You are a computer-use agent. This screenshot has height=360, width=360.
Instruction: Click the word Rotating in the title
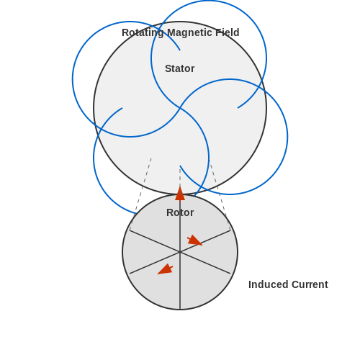pyautogui.click(x=143, y=33)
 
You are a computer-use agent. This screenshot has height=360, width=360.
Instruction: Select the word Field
pyautogui.click(x=227, y=32)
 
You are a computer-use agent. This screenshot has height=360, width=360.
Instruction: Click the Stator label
pyautogui.click(x=180, y=68)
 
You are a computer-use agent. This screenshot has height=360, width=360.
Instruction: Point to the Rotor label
pyautogui.click(x=180, y=212)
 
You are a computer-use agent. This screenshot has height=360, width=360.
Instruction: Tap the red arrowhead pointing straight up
pyautogui.click(x=180, y=194)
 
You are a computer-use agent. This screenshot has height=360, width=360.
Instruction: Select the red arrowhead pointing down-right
pyautogui.click(x=195, y=240)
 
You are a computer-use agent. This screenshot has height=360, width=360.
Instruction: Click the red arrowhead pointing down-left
pyautogui.click(x=165, y=269)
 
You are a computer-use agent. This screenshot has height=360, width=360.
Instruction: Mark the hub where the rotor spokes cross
pyautogui.click(x=180, y=252)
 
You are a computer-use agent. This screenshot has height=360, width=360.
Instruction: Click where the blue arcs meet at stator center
pyautogui.click(x=180, y=108)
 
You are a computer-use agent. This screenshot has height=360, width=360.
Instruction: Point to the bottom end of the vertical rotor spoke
pyautogui.click(x=180, y=310)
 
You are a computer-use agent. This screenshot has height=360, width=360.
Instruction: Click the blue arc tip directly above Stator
pyautogui.click(x=180, y=50)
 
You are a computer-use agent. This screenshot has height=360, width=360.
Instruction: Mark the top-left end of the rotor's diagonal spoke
pyautogui.click(x=130, y=230)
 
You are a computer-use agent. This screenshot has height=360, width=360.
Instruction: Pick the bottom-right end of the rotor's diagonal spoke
pyautogui.click(x=230, y=274)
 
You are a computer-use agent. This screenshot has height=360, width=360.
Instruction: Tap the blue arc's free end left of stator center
pyautogui.click(x=122, y=108)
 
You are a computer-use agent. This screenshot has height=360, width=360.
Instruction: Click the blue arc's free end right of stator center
pyautogui.click(x=238, y=108)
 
